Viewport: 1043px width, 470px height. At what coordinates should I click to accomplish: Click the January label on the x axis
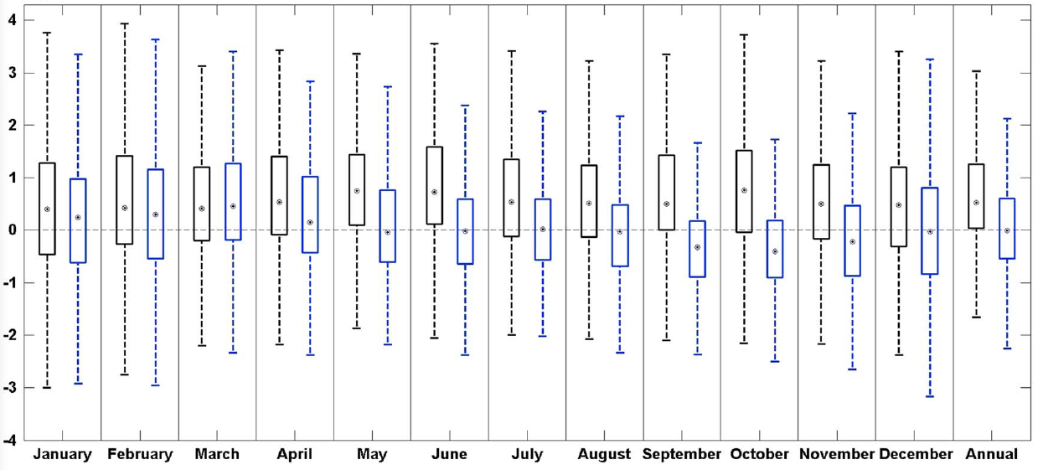(x=63, y=454)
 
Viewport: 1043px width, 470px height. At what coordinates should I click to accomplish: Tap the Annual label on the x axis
(x=992, y=454)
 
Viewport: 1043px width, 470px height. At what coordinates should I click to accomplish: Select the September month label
(x=682, y=454)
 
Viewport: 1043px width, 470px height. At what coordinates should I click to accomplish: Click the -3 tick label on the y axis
(x=12, y=388)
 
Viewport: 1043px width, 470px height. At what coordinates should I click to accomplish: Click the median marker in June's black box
(x=434, y=192)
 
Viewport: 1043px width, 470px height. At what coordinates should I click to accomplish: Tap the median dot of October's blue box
(x=775, y=251)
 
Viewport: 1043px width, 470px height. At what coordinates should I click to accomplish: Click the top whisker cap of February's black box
(x=125, y=23)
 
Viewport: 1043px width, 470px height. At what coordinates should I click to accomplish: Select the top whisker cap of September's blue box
(x=697, y=142)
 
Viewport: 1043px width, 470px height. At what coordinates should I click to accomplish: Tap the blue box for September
(x=697, y=249)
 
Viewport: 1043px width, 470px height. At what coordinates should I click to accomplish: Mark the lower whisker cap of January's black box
(x=47, y=388)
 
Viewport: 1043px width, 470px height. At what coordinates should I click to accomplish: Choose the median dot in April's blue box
(x=310, y=222)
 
